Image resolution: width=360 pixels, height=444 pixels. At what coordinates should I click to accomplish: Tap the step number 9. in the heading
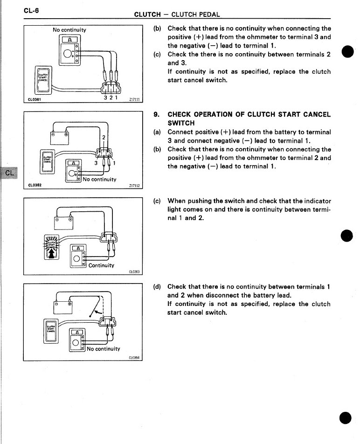[157, 114]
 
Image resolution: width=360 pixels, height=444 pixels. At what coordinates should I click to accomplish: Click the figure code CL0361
[35, 99]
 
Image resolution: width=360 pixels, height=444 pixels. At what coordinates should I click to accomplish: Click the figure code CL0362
[35, 185]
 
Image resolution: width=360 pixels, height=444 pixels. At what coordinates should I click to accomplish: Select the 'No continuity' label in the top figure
[69, 30]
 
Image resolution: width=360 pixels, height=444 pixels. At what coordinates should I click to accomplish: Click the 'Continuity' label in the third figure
[101, 265]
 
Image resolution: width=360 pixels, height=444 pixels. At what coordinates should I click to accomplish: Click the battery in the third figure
[63, 222]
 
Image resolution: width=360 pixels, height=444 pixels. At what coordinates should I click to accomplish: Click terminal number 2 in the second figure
[104, 137]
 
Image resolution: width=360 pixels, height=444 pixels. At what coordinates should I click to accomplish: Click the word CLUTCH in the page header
[148, 14]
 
